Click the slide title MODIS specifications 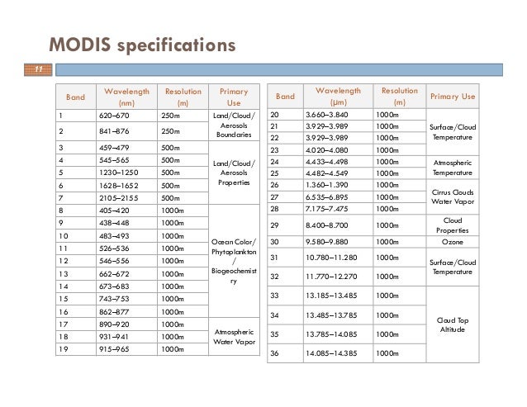coord(141,44)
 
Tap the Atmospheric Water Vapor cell coord(233,335)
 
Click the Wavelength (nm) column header coord(120,97)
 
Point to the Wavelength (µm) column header coord(338,97)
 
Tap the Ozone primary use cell coord(453,242)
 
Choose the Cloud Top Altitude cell coord(453,324)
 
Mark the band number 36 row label coord(277,354)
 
